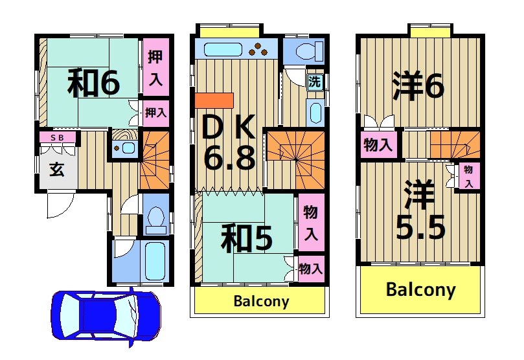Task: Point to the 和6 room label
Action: click(94, 83)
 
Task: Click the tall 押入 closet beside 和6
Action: click(156, 67)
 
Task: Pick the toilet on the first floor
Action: click(156, 219)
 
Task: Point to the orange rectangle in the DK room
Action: click(213, 101)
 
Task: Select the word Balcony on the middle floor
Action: click(261, 302)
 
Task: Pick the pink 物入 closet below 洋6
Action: click(378, 145)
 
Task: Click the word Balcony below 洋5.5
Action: click(420, 289)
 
